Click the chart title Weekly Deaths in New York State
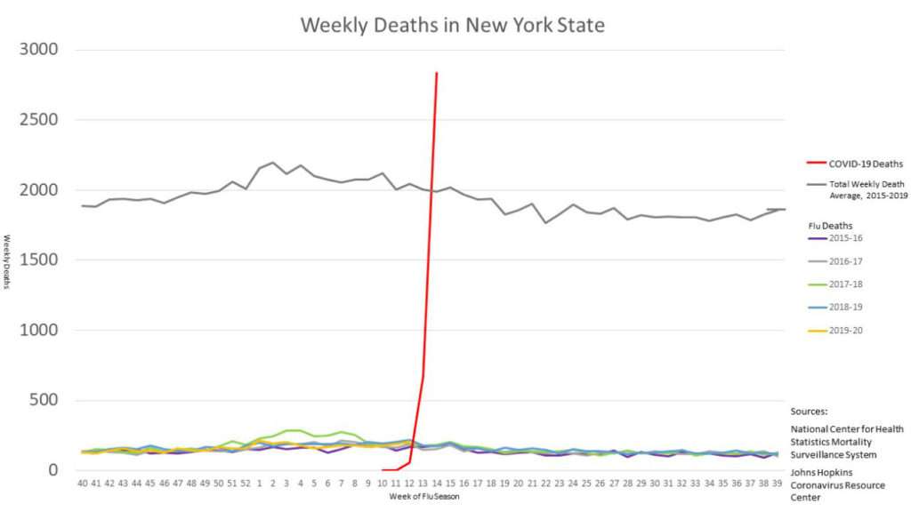coord(452,25)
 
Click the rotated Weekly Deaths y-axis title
coord(7,260)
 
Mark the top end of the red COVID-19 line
coord(436,73)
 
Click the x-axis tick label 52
coord(246,484)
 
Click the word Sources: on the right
coord(810,412)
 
